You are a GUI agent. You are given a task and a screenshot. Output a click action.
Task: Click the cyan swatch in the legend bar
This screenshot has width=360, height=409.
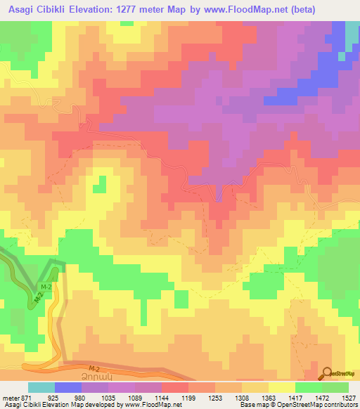pyautogui.click(x=41, y=388)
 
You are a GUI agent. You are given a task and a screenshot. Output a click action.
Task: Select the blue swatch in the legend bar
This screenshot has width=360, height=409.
pyautogui.click(x=67, y=388)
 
